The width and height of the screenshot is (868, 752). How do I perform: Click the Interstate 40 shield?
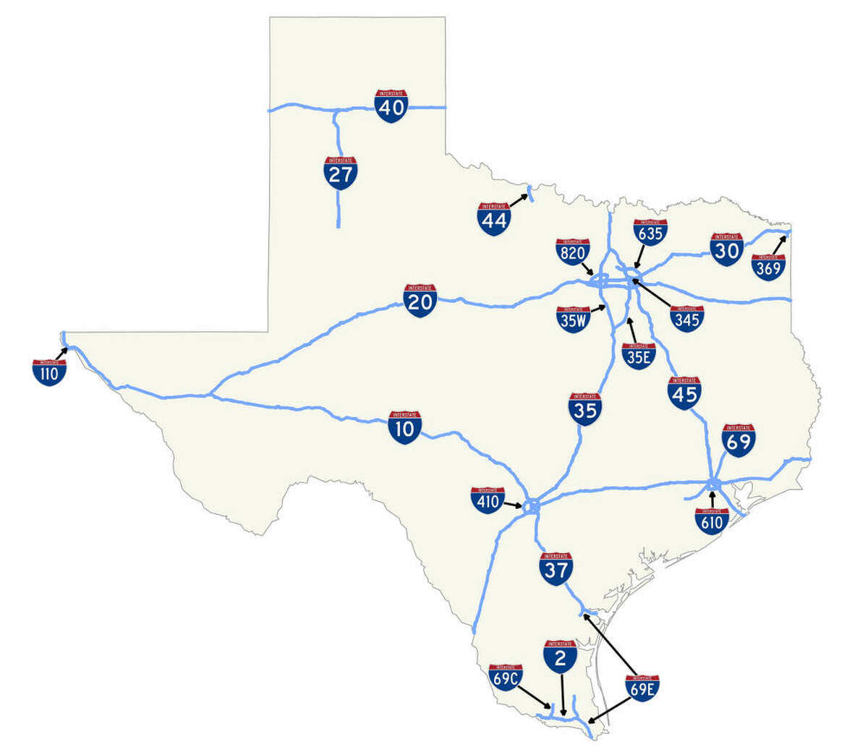pyautogui.click(x=391, y=106)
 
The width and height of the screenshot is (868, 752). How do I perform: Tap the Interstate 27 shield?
pyautogui.click(x=340, y=174)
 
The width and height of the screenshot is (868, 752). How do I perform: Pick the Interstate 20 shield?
pyautogui.click(x=420, y=301)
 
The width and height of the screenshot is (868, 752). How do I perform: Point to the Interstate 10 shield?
pyautogui.click(x=405, y=427)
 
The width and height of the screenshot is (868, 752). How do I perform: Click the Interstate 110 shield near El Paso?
pyautogui.click(x=49, y=372)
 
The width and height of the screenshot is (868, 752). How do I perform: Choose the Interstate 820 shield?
pyautogui.click(x=573, y=251)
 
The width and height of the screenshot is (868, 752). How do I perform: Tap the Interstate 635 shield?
pyautogui.click(x=650, y=232)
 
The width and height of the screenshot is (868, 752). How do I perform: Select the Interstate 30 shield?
pyautogui.click(x=726, y=247)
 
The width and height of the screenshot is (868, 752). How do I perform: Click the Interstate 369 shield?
pyautogui.click(x=768, y=267)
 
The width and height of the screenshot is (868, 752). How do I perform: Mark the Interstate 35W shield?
pyautogui.click(x=573, y=319)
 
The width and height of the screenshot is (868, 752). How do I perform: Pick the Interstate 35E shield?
pyautogui.click(x=639, y=356)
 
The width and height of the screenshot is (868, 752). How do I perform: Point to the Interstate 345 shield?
pyautogui.click(x=686, y=317)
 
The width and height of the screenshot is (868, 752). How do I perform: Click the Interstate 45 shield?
pyautogui.click(x=684, y=393)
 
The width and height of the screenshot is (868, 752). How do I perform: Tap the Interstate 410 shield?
pyautogui.click(x=488, y=500)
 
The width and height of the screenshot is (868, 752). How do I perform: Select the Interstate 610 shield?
pyautogui.click(x=712, y=521)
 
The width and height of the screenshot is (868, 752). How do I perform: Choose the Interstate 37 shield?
pyautogui.click(x=557, y=568)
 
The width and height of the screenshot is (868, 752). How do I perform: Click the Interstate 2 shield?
pyautogui.click(x=561, y=656)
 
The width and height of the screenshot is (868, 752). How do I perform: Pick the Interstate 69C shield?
pyautogui.click(x=506, y=677)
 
